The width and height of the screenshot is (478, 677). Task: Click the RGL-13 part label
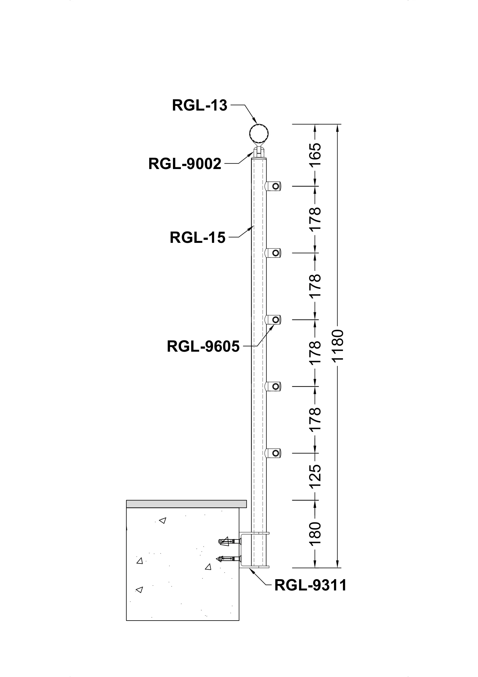(200, 105)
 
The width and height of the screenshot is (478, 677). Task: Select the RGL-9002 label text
(185, 164)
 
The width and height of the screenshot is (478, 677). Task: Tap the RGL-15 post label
(197, 237)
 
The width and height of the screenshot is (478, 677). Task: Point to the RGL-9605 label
(203, 346)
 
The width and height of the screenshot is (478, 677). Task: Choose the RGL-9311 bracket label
(310, 585)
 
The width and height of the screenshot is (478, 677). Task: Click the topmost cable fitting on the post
(273, 186)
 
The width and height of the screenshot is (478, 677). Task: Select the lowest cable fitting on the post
(273, 453)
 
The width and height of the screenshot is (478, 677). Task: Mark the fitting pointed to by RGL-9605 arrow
(273, 319)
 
